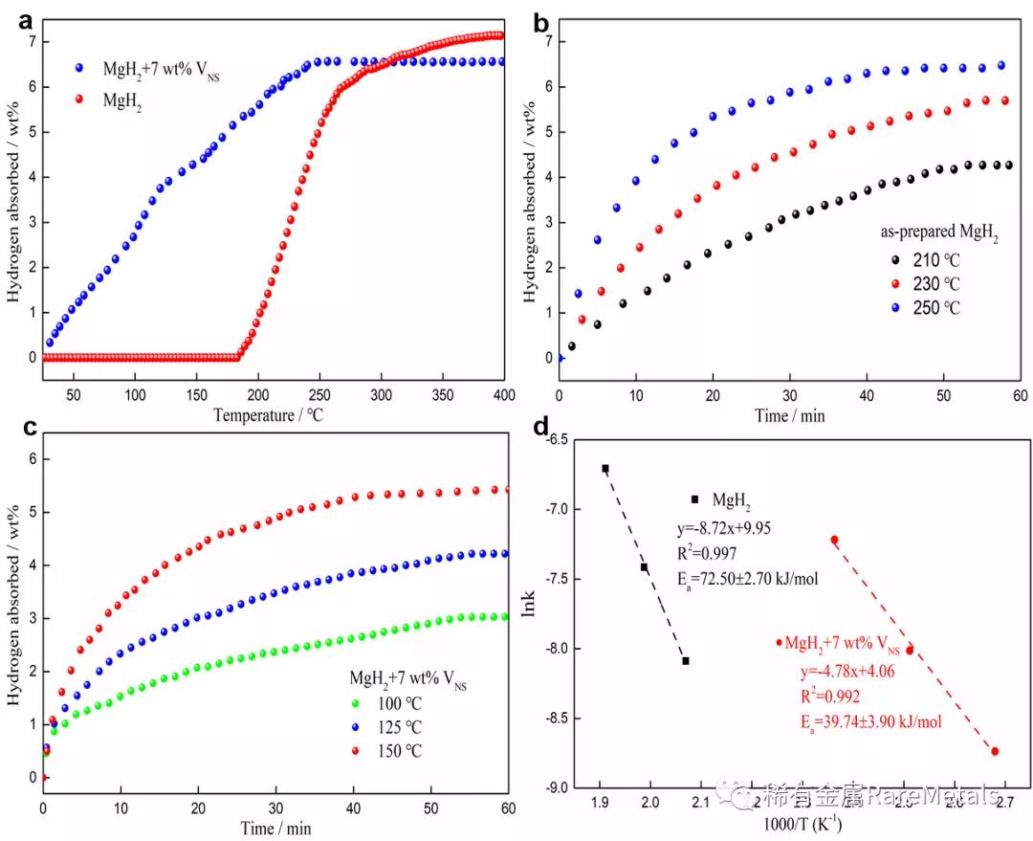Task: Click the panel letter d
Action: click(x=542, y=428)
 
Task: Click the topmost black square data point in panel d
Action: click(x=605, y=468)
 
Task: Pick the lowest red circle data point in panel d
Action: click(x=995, y=751)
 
